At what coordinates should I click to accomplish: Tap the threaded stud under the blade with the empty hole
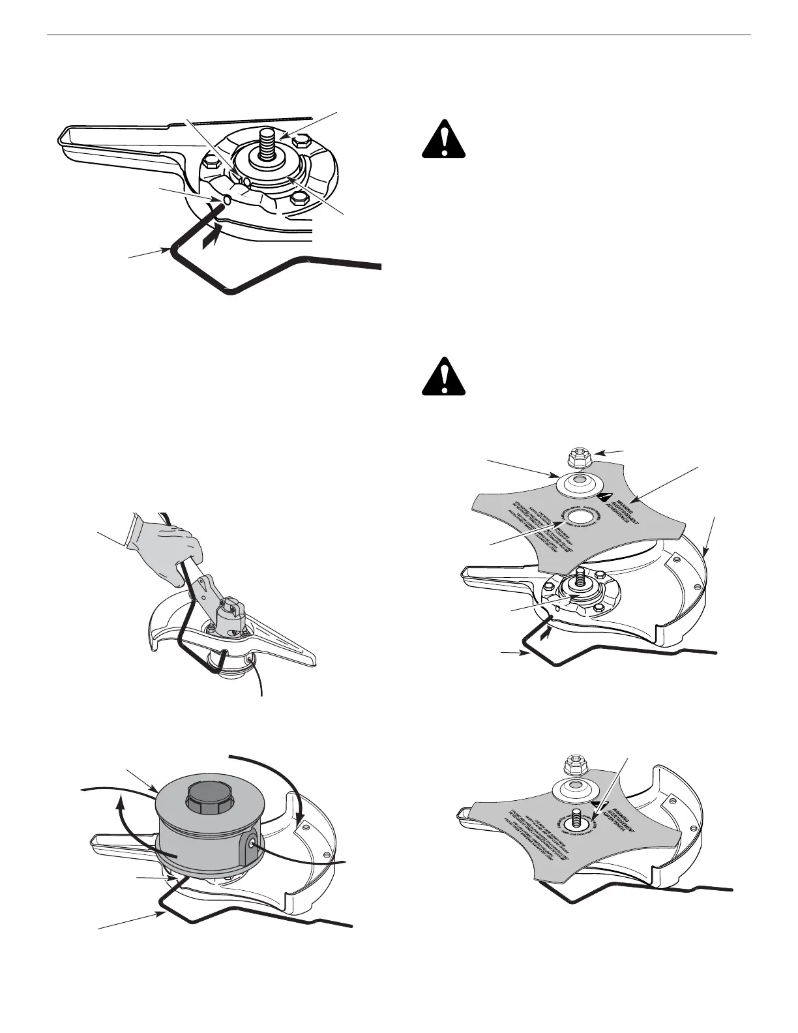click(x=579, y=578)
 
